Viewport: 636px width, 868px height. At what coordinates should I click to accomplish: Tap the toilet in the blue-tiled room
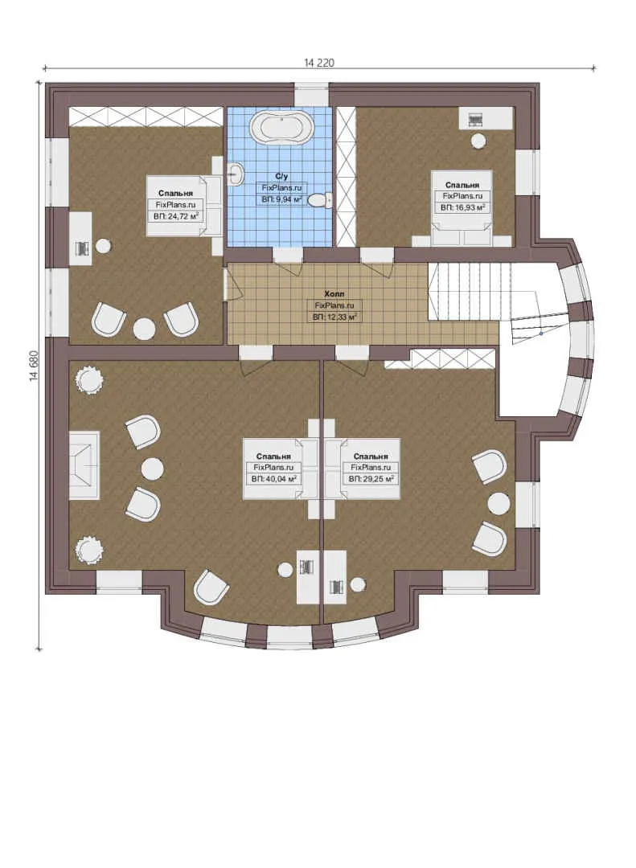click(x=320, y=200)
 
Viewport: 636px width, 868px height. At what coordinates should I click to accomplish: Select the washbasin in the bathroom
click(x=236, y=174)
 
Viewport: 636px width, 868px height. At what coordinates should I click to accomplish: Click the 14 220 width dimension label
click(x=319, y=63)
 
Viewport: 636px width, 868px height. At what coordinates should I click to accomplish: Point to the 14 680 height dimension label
click(x=35, y=366)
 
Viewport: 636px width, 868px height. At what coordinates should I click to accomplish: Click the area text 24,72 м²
click(x=175, y=216)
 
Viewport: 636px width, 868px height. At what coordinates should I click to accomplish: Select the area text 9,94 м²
click(x=281, y=200)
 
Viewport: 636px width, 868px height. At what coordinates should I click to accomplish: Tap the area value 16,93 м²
click(x=462, y=207)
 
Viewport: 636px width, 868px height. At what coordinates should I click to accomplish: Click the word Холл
click(x=334, y=294)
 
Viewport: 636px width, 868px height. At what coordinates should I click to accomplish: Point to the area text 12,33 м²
click(x=334, y=317)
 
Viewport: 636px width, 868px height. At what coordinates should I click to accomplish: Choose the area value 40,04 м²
click(x=273, y=479)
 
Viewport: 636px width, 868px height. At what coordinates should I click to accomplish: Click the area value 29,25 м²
click(x=371, y=479)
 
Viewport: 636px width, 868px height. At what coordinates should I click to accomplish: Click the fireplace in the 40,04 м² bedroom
click(x=84, y=465)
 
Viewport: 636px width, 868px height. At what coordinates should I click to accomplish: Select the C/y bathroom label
click(x=281, y=177)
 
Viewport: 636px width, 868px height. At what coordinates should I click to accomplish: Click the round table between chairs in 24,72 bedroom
click(x=145, y=329)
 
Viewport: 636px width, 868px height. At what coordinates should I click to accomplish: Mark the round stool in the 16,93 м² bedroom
click(x=478, y=141)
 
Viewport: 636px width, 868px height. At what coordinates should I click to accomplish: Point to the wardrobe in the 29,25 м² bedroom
click(x=440, y=358)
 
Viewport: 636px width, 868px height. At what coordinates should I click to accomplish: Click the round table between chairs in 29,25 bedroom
click(x=499, y=503)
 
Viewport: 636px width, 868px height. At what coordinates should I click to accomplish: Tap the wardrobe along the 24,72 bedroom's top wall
click(x=146, y=117)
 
